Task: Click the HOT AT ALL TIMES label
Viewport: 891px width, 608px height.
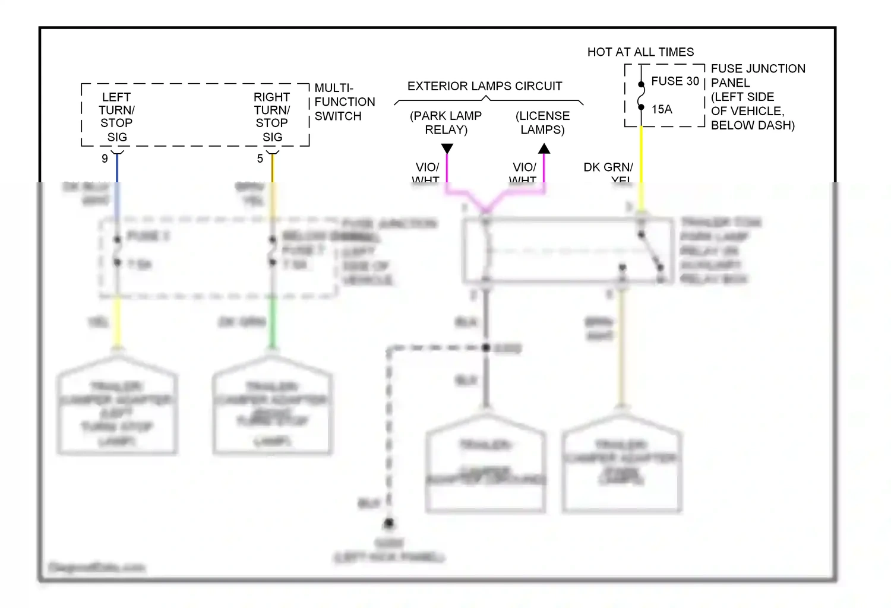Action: [x=640, y=52]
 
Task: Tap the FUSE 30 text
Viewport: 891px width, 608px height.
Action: [x=675, y=81]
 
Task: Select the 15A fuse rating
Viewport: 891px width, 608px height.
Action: [x=662, y=109]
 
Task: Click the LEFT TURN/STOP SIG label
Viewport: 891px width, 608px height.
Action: [x=116, y=117]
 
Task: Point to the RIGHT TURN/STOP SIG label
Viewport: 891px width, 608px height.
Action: [x=272, y=117]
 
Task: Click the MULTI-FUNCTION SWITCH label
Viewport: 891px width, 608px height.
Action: [x=345, y=102]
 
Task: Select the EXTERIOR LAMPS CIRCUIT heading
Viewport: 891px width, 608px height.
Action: [x=485, y=86]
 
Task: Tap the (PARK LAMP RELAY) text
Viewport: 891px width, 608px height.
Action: [x=446, y=122]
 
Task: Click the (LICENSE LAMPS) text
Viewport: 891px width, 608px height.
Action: [x=542, y=122]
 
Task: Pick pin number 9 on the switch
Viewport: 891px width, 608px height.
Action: [x=105, y=159]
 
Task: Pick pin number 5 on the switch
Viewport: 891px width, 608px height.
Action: [x=260, y=159]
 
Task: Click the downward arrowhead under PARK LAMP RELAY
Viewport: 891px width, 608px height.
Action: [x=447, y=148]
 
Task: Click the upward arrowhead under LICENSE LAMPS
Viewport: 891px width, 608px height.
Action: [x=544, y=148]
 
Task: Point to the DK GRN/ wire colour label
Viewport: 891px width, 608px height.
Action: [x=608, y=167]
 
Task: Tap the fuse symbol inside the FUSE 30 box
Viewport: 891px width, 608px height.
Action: [x=642, y=96]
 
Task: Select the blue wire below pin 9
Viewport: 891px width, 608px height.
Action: [x=117, y=169]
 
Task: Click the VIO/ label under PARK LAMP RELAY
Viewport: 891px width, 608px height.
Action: [x=427, y=167]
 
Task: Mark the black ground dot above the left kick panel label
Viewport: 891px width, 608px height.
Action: [x=388, y=523]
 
